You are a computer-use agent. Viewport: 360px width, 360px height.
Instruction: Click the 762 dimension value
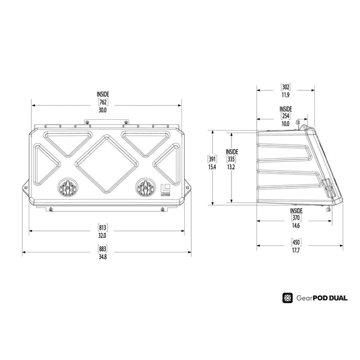[103, 102]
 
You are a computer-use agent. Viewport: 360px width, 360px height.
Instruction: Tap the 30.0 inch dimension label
[103, 109]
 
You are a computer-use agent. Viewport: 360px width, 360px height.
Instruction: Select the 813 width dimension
[102, 228]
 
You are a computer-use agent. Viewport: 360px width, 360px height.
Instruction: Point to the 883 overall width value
[102, 249]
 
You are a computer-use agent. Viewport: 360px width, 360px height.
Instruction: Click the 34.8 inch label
[102, 257]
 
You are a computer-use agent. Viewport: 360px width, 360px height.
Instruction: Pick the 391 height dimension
[211, 159]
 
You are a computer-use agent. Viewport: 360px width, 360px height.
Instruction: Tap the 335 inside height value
[231, 159]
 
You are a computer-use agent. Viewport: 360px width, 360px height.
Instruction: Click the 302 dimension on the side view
[286, 87]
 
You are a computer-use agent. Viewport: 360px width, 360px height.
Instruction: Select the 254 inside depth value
[285, 116]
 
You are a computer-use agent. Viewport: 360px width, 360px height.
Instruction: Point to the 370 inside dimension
[296, 218]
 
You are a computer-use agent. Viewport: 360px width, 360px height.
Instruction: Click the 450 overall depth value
[296, 243]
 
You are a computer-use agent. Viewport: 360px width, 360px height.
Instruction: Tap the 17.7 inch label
[296, 250]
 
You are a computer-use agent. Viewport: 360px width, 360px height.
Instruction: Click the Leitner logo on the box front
[166, 189]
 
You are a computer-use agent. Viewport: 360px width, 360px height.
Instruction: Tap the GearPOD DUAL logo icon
[287, 298]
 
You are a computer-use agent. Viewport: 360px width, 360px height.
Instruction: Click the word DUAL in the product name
[336, 298]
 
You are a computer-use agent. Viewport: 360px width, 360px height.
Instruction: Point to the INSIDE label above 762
[103, 95]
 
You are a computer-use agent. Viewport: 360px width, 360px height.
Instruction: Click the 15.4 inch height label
[211, 167]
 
